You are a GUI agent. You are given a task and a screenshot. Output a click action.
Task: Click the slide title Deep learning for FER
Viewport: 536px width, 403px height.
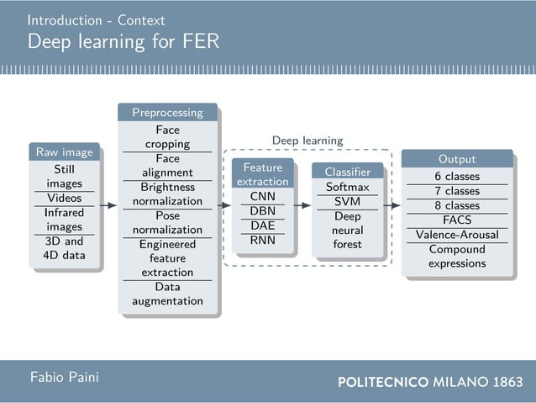[x=123, y=41]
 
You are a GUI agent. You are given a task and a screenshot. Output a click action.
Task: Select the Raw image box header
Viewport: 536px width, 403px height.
[x=64, y=152]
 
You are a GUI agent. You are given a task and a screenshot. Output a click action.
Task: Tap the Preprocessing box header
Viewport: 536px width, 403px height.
[x=167, y=112]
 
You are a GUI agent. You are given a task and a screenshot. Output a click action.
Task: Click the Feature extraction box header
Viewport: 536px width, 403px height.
[x=262, y=174]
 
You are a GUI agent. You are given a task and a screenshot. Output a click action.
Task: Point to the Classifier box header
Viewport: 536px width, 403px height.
[x=347, y=172]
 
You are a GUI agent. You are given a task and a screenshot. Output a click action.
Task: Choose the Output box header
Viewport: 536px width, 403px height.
[x=456, y=159]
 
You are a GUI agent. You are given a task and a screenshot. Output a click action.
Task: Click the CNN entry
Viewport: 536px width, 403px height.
[x=262, y=196]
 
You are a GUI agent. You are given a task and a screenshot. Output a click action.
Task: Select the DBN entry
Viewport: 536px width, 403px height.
[x=262, y=210]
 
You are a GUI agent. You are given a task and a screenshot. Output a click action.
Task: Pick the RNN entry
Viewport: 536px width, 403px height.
[x=262, y=240]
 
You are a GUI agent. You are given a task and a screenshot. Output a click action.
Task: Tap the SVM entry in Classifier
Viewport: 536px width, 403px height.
[x=347, y=201]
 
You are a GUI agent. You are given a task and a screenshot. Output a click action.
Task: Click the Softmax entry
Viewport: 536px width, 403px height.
[x=347, y=187]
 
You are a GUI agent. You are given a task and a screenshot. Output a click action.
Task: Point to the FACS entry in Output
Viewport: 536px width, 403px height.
[x=456, y=220]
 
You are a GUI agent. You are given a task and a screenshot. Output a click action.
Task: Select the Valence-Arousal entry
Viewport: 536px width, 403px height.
[x=456, y=235]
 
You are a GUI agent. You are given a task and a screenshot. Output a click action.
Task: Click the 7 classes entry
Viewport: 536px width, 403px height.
[x=456, y=191]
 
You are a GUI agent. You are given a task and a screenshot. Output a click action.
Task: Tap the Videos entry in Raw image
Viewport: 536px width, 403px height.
[x=64, y=198]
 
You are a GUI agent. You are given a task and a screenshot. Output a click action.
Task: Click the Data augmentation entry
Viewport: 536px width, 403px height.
[x=167, y=294]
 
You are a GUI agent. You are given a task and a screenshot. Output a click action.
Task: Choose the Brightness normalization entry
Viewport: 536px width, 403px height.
[x=167, y=194]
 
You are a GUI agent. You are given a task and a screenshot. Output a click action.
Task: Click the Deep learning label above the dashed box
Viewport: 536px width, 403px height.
[x=307, y=141]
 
